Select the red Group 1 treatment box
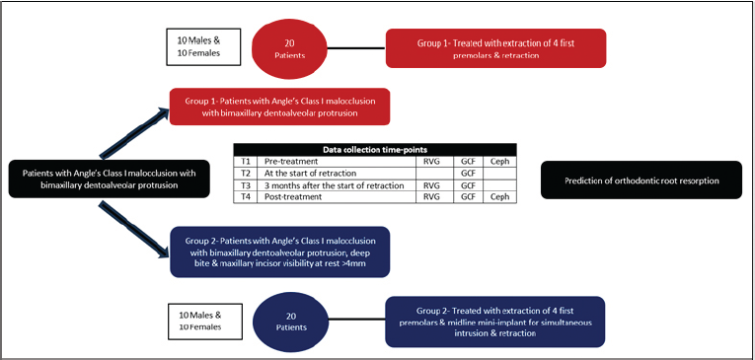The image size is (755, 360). click(x=495, y=48)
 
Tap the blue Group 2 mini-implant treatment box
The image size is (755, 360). click(x=494, y=322)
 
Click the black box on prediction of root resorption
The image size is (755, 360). click(x=642, y=180)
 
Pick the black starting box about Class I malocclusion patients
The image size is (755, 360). click(x=110, y=179)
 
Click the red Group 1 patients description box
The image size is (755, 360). click(x=279, y=107)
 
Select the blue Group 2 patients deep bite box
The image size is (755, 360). click(x=279, y=252)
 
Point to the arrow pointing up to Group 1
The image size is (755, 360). click(x=134, y=133)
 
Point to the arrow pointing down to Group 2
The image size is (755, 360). click(x=134, y=228)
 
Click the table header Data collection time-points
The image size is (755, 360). click(x=375, y=149)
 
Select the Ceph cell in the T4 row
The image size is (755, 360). click(x=496, y=197)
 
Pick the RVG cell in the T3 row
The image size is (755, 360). click(x=435, y=185)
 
